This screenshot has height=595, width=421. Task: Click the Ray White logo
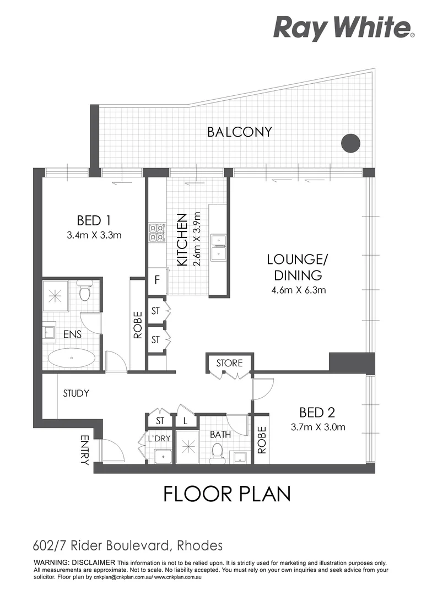343,28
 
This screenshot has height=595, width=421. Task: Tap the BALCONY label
240,132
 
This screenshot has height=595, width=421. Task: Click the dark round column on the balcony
350,143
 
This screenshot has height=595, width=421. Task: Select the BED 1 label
94,220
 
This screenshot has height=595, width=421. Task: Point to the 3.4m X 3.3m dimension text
94,235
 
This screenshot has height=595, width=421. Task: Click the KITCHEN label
182,240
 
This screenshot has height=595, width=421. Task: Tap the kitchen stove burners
157,233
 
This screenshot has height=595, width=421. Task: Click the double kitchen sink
220,247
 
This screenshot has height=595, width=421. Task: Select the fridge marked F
157,280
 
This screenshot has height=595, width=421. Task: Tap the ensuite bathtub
72,358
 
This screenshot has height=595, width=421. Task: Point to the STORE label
229,363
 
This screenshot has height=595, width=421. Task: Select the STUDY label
76,393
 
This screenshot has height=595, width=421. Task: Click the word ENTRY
85,450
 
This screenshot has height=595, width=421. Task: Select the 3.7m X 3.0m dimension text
317,426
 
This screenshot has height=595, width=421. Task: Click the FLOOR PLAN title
226,494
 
